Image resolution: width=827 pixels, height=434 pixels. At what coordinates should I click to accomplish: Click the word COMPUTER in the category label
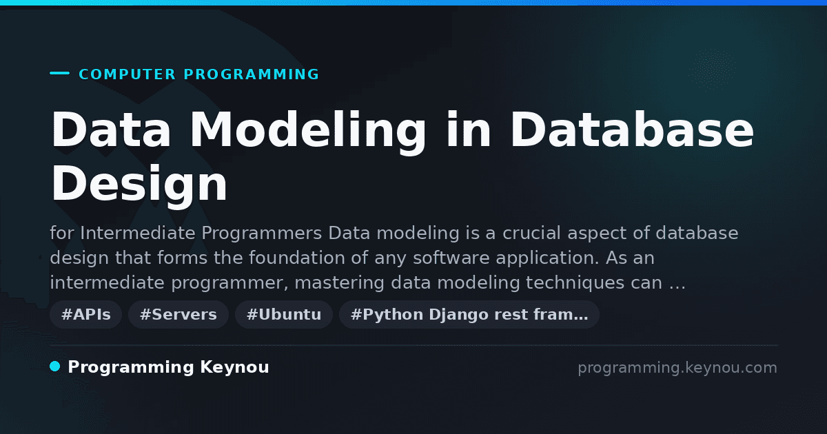coord(127,74)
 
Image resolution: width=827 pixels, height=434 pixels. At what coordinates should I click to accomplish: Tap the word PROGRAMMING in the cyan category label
coord(251,74)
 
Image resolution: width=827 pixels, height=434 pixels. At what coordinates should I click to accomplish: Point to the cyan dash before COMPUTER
coord(59,73)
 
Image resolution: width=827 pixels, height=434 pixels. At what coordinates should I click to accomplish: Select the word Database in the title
coord(633,130)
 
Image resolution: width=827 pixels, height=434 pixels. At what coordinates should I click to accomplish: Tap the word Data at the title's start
coord(111,130)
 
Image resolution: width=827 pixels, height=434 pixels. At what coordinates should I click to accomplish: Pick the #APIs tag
coord(85,314)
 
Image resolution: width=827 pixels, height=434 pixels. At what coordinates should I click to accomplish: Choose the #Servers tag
coord(178,314)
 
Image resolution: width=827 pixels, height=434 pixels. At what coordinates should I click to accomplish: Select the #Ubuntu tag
coord(284,314)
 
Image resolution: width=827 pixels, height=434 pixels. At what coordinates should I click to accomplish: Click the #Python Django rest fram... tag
coord(469,314)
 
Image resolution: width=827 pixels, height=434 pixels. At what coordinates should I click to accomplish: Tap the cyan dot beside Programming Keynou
coord(55,366)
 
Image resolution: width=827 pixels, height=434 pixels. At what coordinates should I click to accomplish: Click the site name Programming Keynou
coord(168,367)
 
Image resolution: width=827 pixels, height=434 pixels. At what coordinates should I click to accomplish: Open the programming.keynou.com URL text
coord(677,368)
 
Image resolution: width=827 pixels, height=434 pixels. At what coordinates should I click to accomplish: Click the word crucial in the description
coord(531,233)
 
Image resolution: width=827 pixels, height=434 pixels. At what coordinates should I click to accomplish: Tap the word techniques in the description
coord(594,283)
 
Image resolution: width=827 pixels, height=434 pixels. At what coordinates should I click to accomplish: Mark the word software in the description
coord(451,258)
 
